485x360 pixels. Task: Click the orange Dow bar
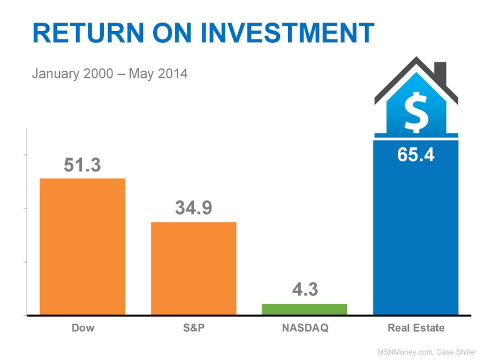[x=82, y=246]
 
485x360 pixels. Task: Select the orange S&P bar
[x=194, y=268]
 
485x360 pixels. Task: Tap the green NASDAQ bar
[x=305, y=309]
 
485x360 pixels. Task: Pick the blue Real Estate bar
[x=416, y=228]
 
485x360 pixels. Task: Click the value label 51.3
[x=82, y=164]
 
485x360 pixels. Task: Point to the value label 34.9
[x=194, y=207]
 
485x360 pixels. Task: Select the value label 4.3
[x=305, y=289]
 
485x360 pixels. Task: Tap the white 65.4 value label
[x=416, y=154]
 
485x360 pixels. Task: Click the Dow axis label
[x=83, y=328]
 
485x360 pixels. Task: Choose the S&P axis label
[x=194, y=328]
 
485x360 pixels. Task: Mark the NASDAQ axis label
[x=305, y=328]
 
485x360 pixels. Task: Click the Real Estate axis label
[x=416, y=328]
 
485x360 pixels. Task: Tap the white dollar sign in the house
[x=416, y=112]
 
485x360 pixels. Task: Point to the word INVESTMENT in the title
[x=287, y=33]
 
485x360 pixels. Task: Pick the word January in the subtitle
[x=55, y=74]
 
